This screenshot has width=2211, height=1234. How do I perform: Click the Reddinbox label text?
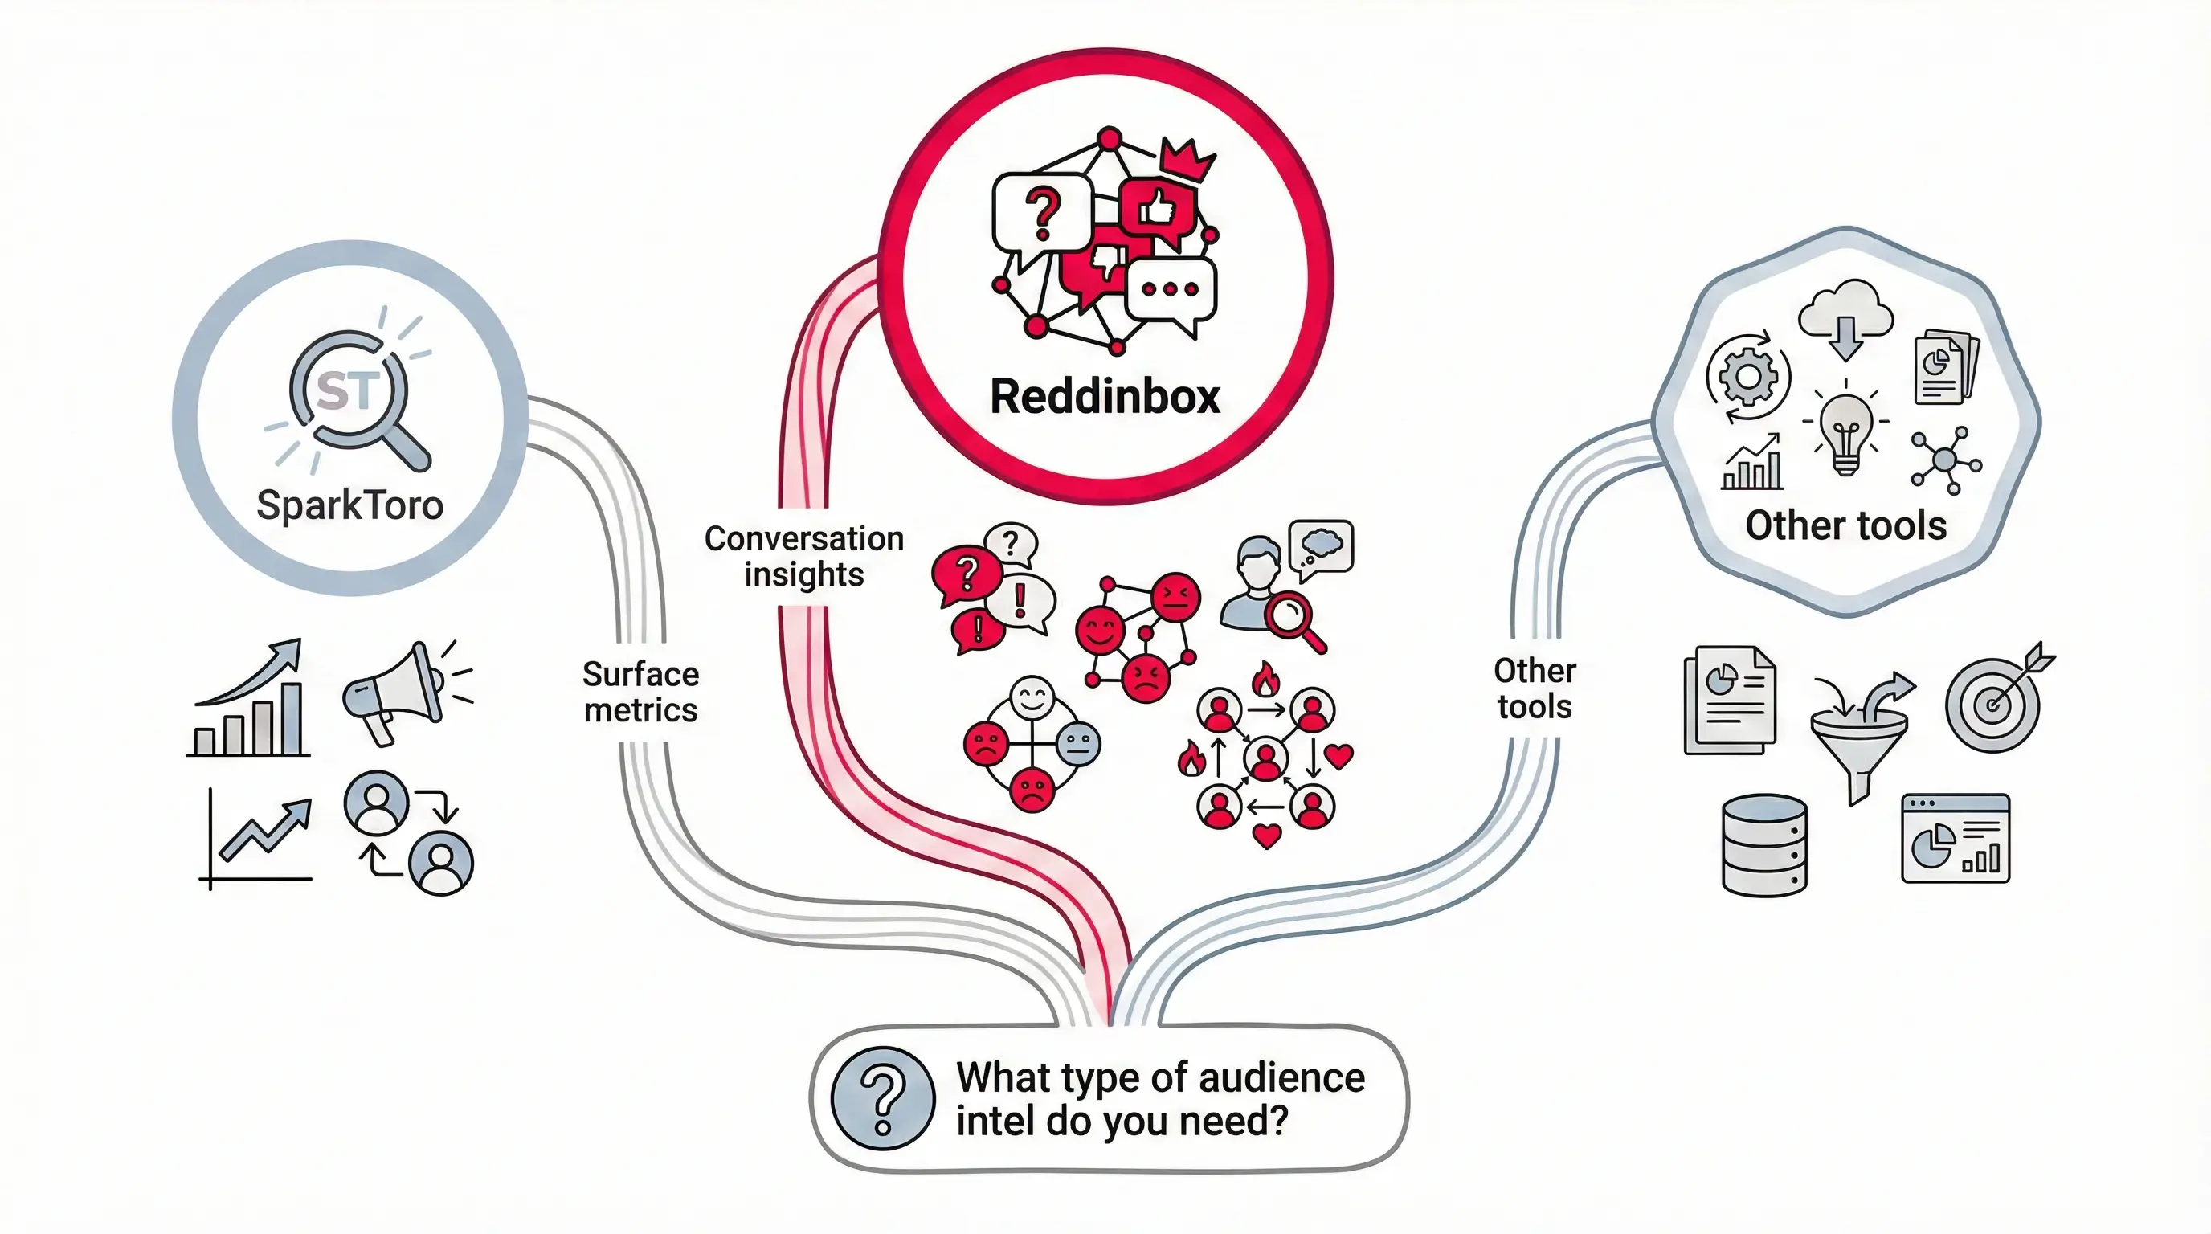[x=1105, y=396]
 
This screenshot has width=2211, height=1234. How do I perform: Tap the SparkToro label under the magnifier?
[x=349, y=505]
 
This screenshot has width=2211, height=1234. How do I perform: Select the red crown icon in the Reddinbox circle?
[x=1185, y=160]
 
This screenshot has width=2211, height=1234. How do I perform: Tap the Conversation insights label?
[x=804, y=556]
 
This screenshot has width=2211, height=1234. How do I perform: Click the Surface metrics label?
[x=640, y=692]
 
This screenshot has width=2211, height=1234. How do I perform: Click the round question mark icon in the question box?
[x=882, y=1097]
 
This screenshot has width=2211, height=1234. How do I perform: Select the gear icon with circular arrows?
[x=1748, y=377]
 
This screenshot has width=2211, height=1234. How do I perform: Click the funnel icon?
[x=1859, y=738]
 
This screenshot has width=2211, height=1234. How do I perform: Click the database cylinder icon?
[x=1764, y=844]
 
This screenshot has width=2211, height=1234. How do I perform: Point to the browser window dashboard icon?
[x=1956, y=839]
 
